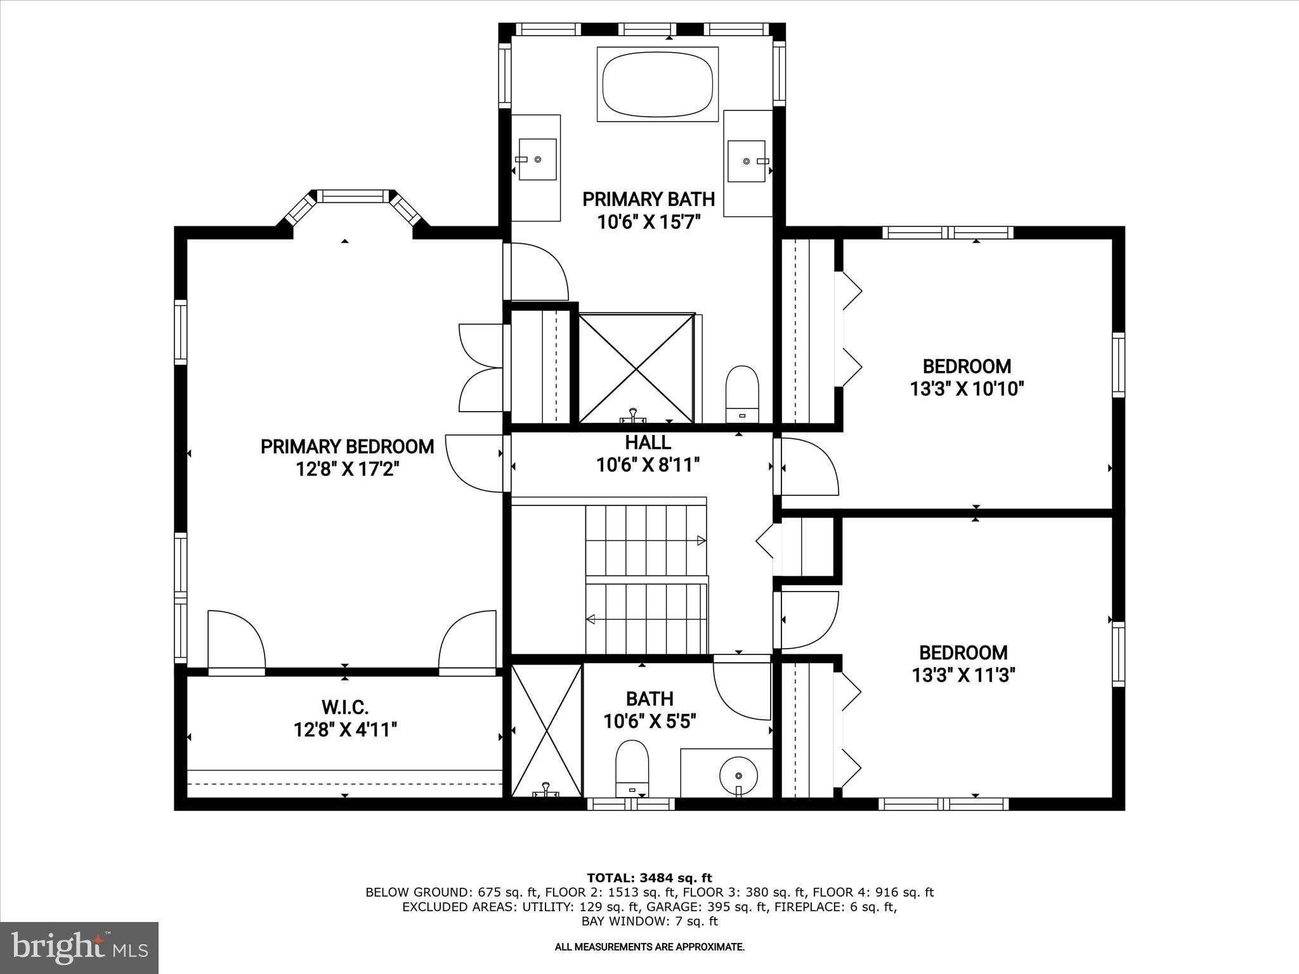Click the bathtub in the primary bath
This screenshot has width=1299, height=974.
point(658,84)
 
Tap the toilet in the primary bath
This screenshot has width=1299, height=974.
point(742,393)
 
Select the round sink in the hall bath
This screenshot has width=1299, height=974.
point(738,775)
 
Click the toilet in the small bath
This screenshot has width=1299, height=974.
point(632,769)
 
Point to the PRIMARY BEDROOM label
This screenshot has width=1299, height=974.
point(347,446)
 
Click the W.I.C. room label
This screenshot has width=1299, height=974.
point(345,706)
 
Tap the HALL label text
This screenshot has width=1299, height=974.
point(648,442)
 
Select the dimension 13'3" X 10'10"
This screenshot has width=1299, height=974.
point(967,389)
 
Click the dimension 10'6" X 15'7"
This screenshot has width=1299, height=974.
point(648,222)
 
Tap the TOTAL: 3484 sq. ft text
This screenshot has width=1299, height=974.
point(649,878)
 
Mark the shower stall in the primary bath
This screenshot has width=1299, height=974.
point(636,367)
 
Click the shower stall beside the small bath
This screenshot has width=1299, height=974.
point(546,730)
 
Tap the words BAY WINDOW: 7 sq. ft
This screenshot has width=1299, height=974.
point(649,921)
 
